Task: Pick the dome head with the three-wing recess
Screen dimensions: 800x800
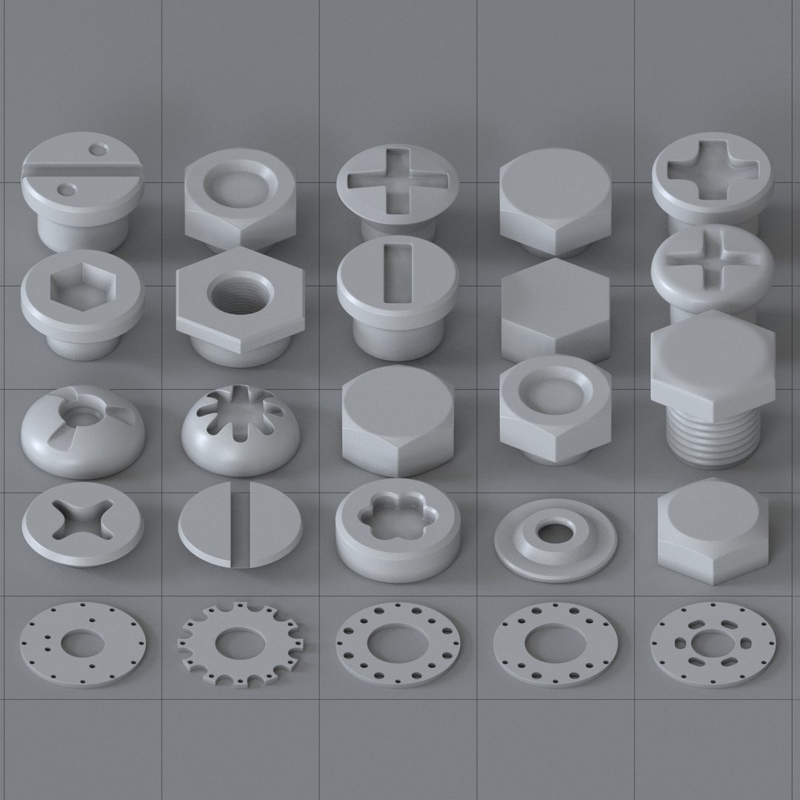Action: [82, 427]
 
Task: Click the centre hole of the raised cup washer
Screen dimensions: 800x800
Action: [553, 531]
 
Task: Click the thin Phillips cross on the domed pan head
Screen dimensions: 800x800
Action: [710, 256]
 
